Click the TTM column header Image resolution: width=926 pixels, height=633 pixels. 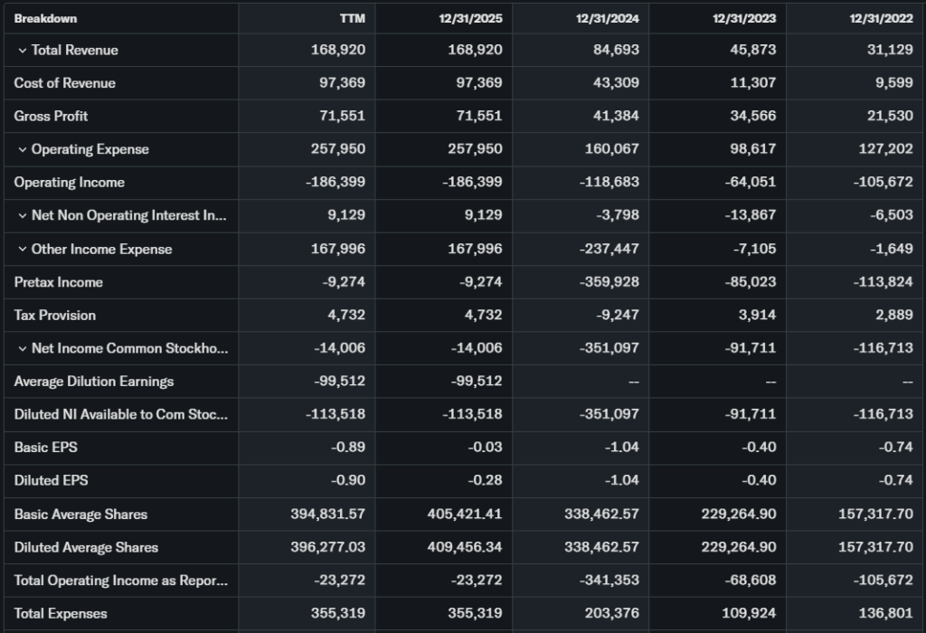point(353,18)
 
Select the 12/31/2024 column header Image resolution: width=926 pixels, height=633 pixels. point(608,18)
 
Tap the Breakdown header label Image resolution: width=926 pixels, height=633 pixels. point(45,18)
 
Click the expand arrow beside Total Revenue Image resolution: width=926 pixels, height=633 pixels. point(22,51)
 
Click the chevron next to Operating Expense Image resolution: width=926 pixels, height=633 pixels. point(22,149)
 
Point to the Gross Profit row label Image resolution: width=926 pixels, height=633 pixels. point(51,116)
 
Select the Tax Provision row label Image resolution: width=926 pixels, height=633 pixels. point(54,315)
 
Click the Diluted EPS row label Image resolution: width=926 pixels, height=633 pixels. point(51,480)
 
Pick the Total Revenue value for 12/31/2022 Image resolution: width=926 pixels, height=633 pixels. point(889,50)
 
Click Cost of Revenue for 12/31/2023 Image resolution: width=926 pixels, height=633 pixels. point(752,83)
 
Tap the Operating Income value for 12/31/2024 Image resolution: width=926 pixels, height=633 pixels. point(609,183)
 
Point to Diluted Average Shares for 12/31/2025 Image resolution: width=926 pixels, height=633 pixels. point(464,547)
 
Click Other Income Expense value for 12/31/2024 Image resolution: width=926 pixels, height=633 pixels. point(609,249)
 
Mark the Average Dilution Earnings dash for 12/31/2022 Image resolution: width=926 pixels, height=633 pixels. point(907,382)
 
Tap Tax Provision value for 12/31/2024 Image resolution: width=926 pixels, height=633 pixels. point(615,315)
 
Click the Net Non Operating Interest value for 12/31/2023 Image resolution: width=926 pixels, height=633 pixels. point(751,215)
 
